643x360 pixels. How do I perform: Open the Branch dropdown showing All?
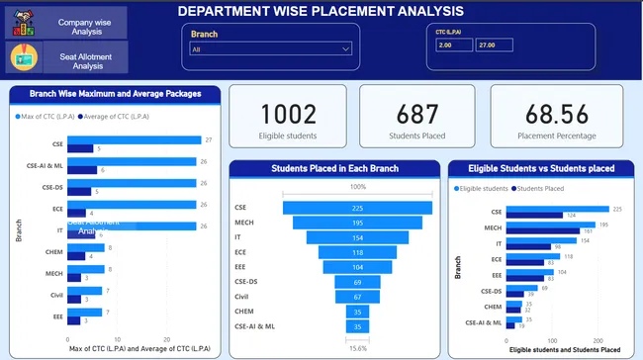click(271, 48)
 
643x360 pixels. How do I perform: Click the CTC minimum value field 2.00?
click(453, 45)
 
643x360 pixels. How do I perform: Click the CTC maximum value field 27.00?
click(495, 45)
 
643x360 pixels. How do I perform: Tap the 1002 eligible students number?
click(287, 114)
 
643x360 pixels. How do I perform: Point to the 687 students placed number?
click(416, 114)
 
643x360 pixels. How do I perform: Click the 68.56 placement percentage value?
click(560, 114)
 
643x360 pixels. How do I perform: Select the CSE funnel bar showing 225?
click(357, 208)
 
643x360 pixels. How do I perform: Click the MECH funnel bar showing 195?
click(357, 223)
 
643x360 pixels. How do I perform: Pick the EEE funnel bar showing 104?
click(357, 267)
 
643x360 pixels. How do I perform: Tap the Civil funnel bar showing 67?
click(357, 297)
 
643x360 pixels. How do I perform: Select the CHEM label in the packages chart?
click(53, 250)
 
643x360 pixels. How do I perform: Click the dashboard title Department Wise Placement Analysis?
click(320, 11)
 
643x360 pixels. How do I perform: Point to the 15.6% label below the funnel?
click(357, 347)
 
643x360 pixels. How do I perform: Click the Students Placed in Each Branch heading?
click(334, 169)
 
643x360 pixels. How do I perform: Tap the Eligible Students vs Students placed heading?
click(539, 169)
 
